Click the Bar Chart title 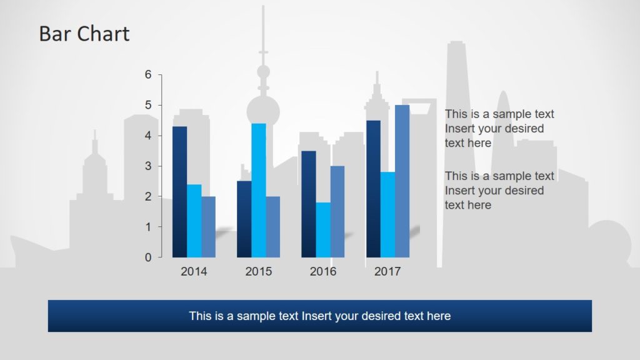pos(84,34)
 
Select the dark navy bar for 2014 pos(179,192)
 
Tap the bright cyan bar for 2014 pos(194,221)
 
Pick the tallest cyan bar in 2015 pos(259,190)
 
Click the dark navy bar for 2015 pos(244,219)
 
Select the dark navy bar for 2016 pos(308,204)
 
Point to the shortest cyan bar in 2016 pos(323,229)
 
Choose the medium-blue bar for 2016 pos(337,211)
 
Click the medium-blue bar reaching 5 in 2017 pos(402,181)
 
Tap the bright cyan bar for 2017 pos(387,214)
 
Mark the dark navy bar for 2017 pos(373,189)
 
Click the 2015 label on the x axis pos(259,271)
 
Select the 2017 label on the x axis pos(387,271)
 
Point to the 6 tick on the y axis pos(148,75)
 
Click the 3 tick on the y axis pos(148,166)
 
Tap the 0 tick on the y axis pos(148,257)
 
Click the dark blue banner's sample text pos(319,316)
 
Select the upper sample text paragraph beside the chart pos(499,129)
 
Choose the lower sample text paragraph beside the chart pos(499,191)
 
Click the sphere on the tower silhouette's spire pos(263,71)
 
